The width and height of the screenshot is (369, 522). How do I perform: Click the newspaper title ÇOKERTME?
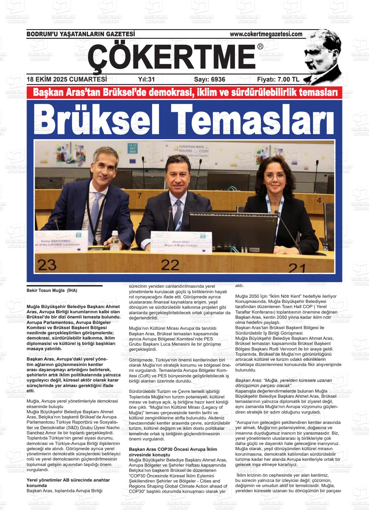click(172, 57)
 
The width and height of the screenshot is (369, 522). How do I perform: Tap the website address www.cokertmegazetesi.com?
click(266, 34)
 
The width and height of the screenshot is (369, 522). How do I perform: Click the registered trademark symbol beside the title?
click(260, 47)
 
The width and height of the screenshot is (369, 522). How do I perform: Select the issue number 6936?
click(209, 80)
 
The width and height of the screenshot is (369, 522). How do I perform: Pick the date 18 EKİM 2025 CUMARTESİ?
click(67, 80)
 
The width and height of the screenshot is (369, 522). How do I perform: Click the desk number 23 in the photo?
click(47, 265)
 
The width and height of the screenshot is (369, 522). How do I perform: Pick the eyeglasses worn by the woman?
click(276, 177)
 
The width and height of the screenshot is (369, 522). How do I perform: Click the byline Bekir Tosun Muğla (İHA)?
click(52, 291)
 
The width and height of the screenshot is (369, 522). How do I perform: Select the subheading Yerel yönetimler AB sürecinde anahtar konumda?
click(68, 483)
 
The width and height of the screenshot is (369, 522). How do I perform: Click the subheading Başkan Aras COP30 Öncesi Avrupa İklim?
click(173, 450)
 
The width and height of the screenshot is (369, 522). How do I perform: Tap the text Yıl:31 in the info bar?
click(146, 80)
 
